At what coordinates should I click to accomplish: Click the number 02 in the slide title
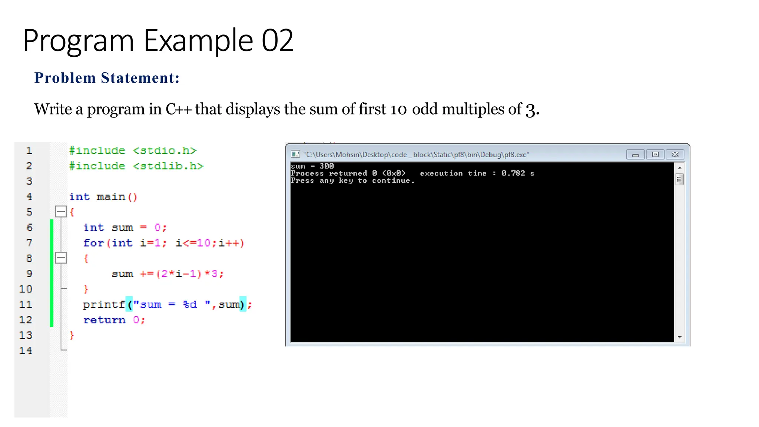pyautogui.click(x=277, y=40)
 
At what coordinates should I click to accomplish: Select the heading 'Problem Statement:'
pyautogui.click(x=107, y=78)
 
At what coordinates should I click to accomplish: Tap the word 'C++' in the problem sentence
pyautogui.click(x=178, y=109)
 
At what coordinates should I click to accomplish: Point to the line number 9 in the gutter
pyautogui.click(x=29, y=274)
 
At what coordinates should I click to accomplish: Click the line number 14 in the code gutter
pyautogui.click(x=26, y=351)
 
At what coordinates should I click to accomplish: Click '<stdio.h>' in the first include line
pyautogui.click(x=165, y=151)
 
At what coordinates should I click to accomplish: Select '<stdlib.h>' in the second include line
pyautogui.click(x=168, y=166)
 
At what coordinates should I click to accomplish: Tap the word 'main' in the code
pyautogui.click(x=110, y=197)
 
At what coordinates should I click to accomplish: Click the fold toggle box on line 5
pyautogui.click(x=61, y=212)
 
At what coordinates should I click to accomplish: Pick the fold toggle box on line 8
pyautogui.click(x=61, y=258)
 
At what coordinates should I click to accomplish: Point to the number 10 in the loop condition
pyautogui.click(x=203, y=243)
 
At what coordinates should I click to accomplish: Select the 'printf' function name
pyautogui.click(x=104, y=305)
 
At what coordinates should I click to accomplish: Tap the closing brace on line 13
pyautogui.click(x=72, y=335)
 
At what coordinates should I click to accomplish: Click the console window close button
pyautogui.click(x=675, y=155)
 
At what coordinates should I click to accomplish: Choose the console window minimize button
pyautogui.click(x=636, y=155)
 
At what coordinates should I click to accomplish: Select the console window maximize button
pyautogui.click(x=655, y=155)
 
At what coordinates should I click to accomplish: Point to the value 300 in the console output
pyautogui.click(x=327, y=166)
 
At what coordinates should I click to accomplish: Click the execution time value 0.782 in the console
pyautogui.click(x=513, y=173)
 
